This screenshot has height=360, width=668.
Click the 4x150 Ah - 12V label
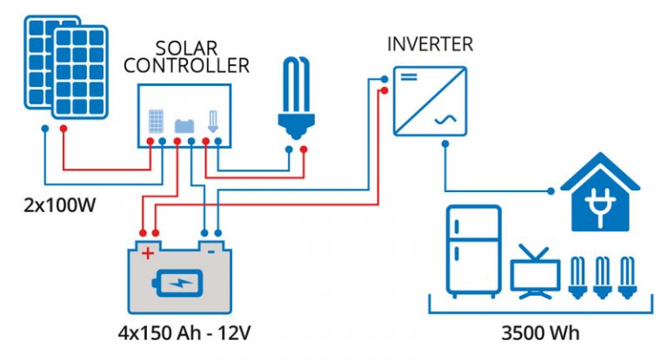[180, 334]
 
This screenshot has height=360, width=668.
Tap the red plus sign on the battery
[148, 253]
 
